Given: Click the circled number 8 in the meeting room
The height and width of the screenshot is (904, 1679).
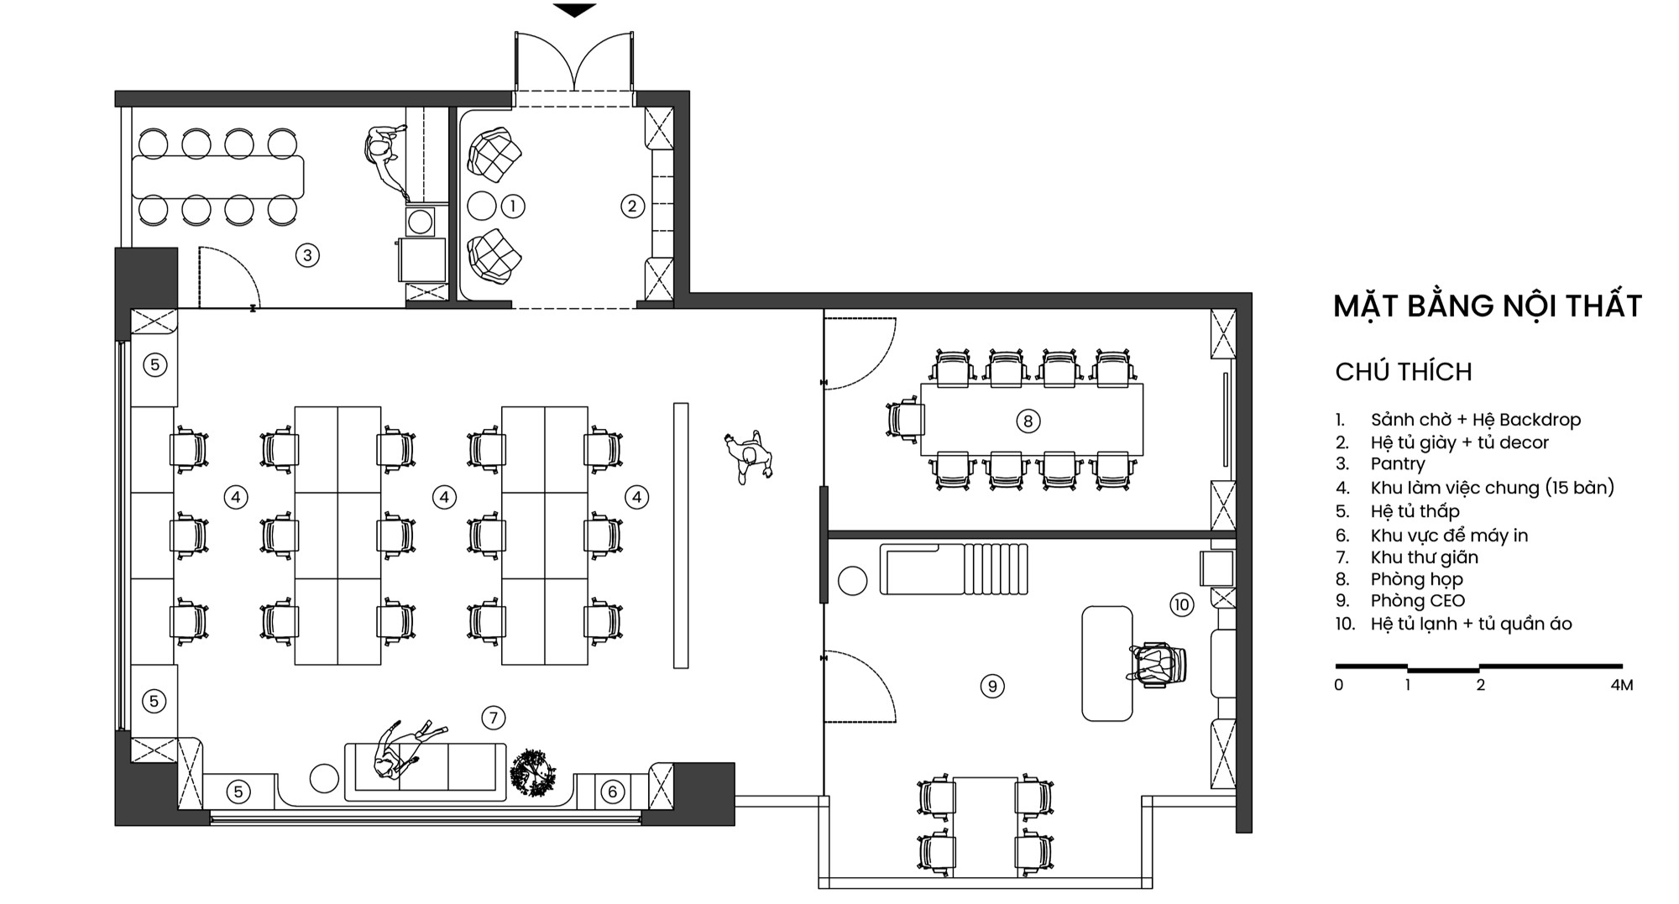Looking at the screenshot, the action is (x=1028, y=421).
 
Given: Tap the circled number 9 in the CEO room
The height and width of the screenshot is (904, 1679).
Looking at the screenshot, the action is (x=992, y=687).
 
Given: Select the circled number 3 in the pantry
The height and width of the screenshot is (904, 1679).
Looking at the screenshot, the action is (x=307, y=255).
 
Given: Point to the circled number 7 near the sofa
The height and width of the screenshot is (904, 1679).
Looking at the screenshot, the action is (x=494, y=718).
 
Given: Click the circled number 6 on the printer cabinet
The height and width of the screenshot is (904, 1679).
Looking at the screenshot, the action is (x=613, y=791).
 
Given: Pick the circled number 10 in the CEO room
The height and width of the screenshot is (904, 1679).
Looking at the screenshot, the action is (x=1182, y=604).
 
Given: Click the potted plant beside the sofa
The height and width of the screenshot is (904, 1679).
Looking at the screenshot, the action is (x=532, y=772).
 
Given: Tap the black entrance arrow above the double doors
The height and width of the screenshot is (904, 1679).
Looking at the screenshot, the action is (x=575, y=10).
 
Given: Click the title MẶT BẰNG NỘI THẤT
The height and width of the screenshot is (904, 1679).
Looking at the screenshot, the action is (x=1488, y=306).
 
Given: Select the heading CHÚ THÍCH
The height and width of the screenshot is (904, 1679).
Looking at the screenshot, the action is (x=1404, y=372).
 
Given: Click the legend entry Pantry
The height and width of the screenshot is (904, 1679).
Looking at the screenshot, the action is (x=1398, y=464).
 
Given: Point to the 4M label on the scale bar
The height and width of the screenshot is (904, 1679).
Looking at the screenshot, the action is (x=1622, y=685).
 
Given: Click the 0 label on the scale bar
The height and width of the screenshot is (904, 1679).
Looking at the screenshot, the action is (x=1339, y=685).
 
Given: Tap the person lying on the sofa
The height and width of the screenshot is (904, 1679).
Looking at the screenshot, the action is (x=405, y=749).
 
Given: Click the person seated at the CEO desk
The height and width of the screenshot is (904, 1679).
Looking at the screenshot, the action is (x=1156, y=664).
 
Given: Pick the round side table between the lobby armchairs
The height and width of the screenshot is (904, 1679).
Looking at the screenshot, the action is (x=482, y=206).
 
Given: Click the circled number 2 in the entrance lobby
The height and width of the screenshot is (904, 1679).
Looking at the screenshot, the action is (x=632, y=206).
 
